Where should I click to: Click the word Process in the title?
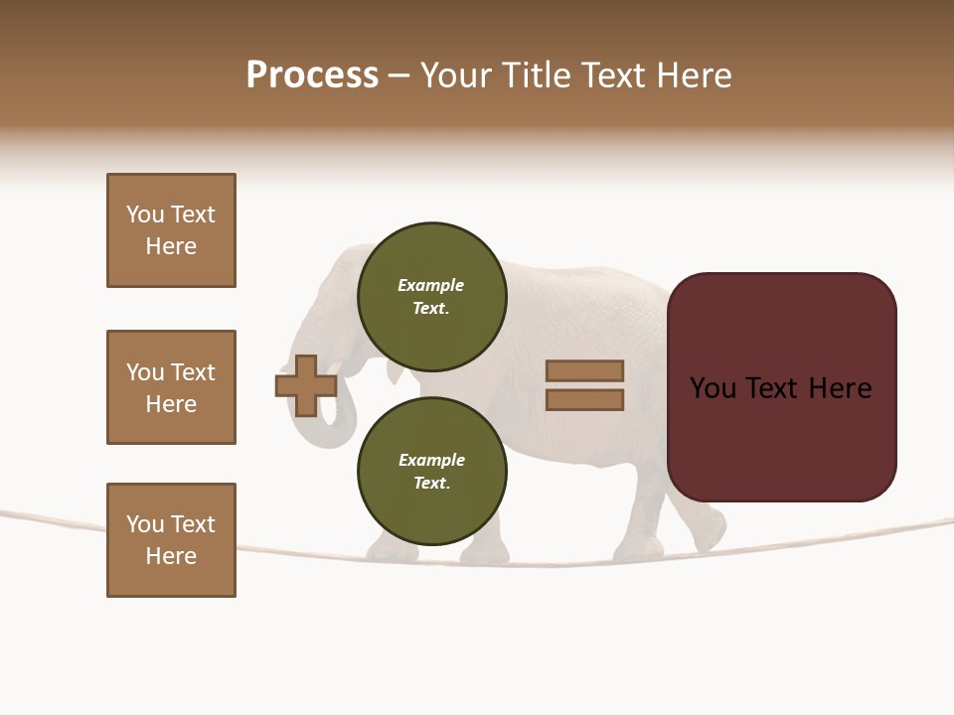click(312, 74)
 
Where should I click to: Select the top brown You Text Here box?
click(171, 230)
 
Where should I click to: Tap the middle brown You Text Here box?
click(171, 387)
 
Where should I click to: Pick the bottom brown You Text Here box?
click(171, 540)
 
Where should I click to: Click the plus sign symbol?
click(306, 385)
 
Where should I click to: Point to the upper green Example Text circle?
click(431, 296)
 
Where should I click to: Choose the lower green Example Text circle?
click(431, 471)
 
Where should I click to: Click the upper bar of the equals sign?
click(584, 371)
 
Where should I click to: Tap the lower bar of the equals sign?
click(584, 400)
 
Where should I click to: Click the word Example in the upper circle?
click(431, 285)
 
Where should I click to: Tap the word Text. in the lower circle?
click(431, 483)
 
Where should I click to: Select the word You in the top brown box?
click(145, 214)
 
